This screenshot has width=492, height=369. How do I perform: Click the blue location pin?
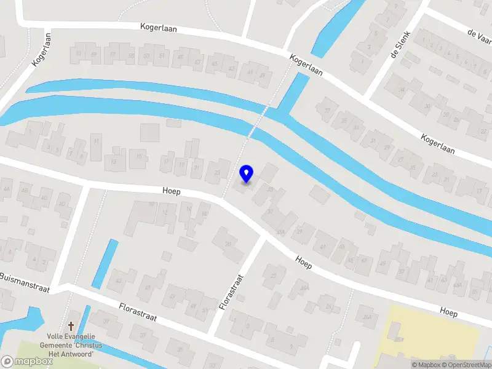(x=247, y=173)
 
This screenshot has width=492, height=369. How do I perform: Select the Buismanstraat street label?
(x=25, y=281)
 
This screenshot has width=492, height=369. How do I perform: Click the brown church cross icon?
(x=71, y=326)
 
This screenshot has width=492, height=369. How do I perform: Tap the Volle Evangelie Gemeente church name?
(x=71, y=345)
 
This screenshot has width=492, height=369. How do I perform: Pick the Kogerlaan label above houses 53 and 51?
(x=159, y=28)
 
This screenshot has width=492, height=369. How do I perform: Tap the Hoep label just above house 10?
(x=172, y=192)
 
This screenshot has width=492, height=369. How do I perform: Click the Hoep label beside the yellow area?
(x=448, y=312)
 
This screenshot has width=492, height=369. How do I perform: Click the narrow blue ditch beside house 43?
(x=105, y=264)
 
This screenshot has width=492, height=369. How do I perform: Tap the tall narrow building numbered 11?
(x=96, y=148)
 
